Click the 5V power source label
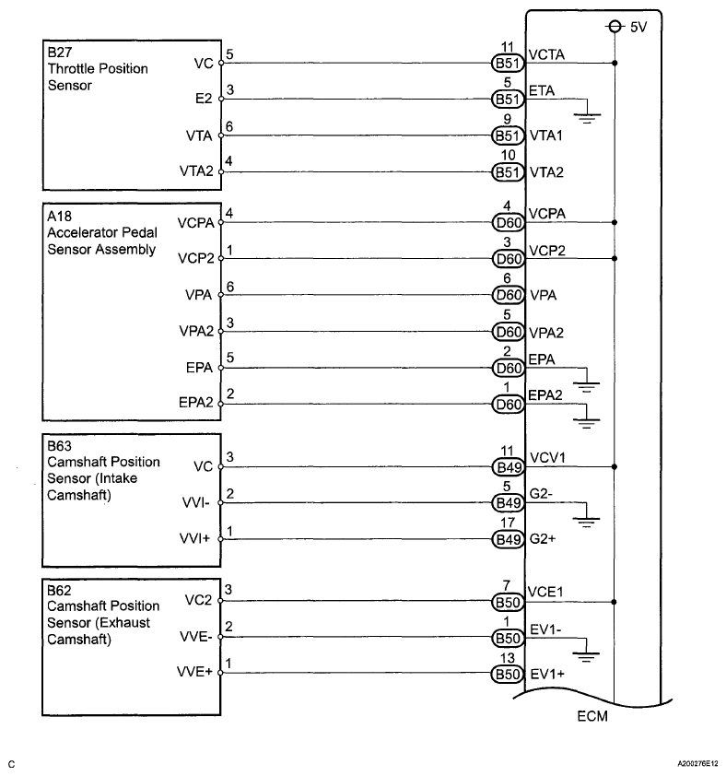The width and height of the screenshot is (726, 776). (x=640, y=28)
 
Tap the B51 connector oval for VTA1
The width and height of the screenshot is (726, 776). (x=508, y=135)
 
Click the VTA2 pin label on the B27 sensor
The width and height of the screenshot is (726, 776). (x=196, y=172)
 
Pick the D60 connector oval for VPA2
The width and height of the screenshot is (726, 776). (x=508, y=332)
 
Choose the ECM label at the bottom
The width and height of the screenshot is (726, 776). (x=592, y=716)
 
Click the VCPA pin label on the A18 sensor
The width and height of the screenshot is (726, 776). (x=196, y=222)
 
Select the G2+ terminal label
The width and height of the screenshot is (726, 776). (x=544, y=539)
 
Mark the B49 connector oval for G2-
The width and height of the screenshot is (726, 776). (x=508, y=503)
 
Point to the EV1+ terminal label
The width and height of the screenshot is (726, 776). (x=546, y=674)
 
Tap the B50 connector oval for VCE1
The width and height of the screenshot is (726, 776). (x=508, y=602)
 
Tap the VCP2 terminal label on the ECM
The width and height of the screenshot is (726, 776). (x=546, y=250)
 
